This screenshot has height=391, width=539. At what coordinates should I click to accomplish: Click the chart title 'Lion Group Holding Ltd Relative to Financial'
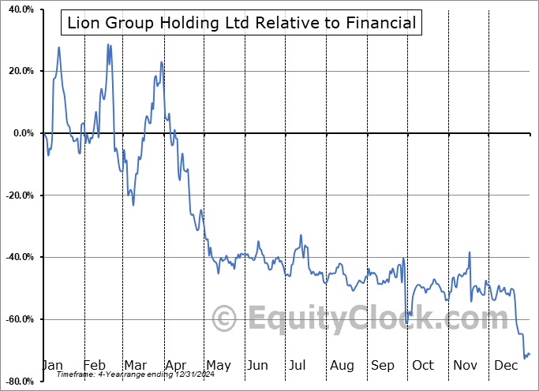[x=241, y=23]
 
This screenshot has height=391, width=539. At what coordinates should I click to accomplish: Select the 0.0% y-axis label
[x=21, y=133]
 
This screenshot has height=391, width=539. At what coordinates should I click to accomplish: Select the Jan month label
[x=52, y=365]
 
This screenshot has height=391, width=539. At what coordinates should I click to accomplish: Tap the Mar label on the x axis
[x=134, y=365]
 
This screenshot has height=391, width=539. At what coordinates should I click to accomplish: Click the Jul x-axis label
[x=298, y=365]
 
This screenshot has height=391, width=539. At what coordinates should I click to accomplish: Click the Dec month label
[x=505, y=365]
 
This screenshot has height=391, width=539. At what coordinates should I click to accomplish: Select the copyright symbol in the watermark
[x=225, y=319]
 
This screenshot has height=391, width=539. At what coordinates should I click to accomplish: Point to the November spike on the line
[x=470, y=252]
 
